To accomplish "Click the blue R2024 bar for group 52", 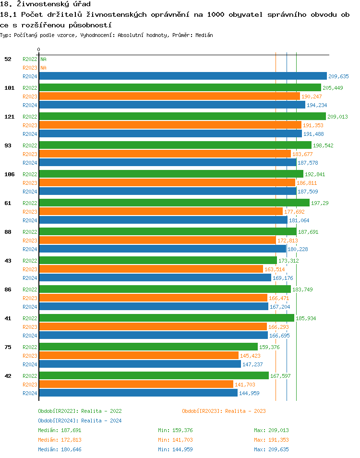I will click(182, 76).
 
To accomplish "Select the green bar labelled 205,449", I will click(180, 87).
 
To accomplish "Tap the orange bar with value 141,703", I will click(136, 384).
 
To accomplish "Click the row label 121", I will click(9, 117).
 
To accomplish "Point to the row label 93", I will click(8, 145).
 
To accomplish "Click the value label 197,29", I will click(320, 203).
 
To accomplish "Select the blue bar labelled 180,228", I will click(162, 249).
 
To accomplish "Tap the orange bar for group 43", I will click(151, 269).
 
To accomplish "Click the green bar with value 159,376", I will click(148, 347).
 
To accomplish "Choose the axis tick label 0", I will click(39, 49).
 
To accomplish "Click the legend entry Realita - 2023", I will click(224, 411).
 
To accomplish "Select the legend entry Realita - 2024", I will click(80, 421).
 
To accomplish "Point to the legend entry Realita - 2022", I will click(80, 411).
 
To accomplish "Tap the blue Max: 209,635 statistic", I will click(271, 449).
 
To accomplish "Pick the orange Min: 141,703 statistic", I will click(175, 440).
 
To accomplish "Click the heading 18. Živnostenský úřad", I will click(46, 4).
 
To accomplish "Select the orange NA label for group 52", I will click(43, 68).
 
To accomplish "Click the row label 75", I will click(8, 347).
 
